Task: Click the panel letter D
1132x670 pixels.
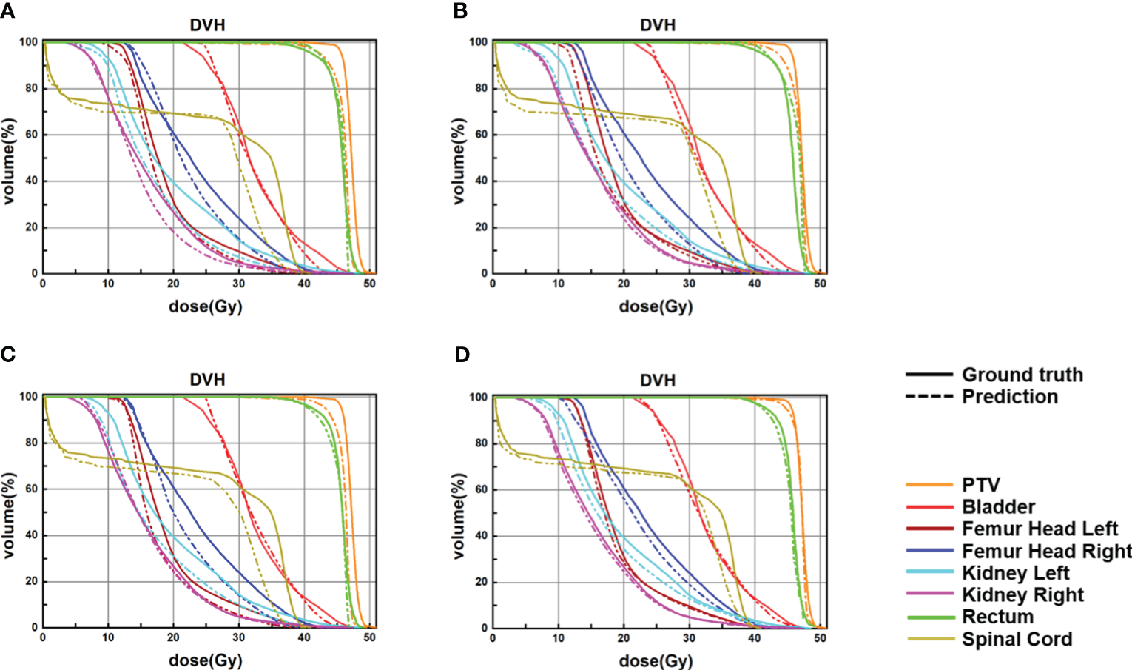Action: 462,355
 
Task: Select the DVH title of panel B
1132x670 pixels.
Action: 657,25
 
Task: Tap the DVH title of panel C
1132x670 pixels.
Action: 207,380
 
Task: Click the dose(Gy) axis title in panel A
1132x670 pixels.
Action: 206,306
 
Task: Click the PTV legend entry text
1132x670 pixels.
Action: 981,485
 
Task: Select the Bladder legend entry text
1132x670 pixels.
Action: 998,507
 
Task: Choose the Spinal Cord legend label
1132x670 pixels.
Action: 1017,640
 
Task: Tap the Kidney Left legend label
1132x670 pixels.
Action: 1015,573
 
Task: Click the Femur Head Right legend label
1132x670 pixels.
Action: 1046,552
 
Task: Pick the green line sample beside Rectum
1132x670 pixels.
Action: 929,617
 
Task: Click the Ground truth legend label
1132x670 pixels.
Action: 1022,375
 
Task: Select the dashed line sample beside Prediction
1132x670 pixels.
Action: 929,397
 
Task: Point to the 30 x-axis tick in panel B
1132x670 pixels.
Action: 689,284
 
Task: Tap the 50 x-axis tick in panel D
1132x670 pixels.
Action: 820,638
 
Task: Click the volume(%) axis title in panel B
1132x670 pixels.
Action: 460,160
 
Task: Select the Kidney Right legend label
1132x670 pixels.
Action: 1022,595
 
